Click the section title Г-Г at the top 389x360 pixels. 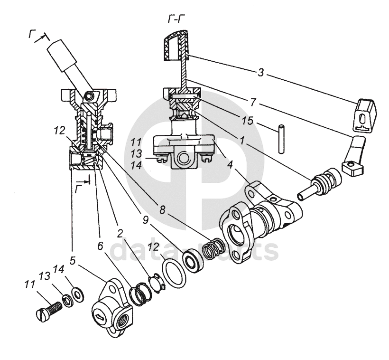pos(176,19)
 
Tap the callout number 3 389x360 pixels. pos(260,73)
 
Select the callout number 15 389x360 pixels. pos(248,121)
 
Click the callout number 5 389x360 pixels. pos(72,261)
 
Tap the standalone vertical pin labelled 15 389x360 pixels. pos(281,139)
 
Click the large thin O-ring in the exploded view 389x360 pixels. pos(174,273)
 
